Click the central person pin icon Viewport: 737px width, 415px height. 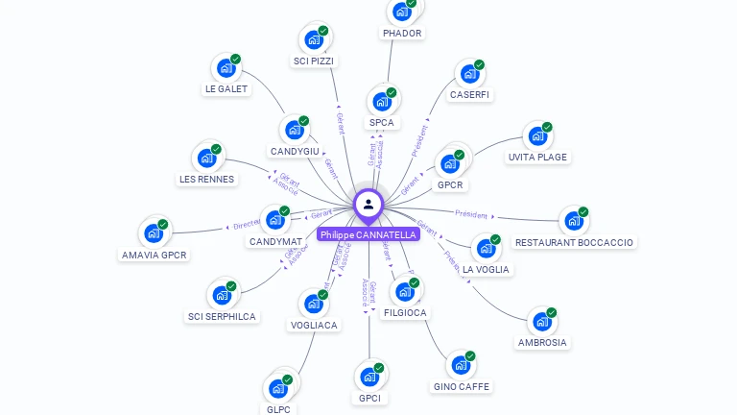point(368,204)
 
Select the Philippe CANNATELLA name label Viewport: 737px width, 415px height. point(368,234)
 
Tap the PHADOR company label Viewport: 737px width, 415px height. point(402,33)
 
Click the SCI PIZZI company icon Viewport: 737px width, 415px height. point(313,39)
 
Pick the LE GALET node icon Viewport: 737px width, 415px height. point(226,68)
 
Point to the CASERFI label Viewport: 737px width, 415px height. point(469,95)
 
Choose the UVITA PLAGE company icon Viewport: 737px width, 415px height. point(537,136)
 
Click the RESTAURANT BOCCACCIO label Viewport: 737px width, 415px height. point(574,242)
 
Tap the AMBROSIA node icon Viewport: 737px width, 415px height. point(542,322)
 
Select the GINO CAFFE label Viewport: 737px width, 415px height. point(461,386)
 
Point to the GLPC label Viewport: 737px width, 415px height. point(278,409)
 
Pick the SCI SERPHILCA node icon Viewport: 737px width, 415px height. point(222,295)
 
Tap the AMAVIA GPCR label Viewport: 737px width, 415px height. point(154,255)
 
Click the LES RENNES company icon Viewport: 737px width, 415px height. point(206,158)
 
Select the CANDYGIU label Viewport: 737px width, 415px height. point(295,152)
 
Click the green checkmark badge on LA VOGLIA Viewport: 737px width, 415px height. point(495,239)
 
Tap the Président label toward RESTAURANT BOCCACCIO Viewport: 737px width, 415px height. point(471,214)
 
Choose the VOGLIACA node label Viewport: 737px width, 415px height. point(314,325)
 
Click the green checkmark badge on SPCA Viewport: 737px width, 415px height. point(392,92)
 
